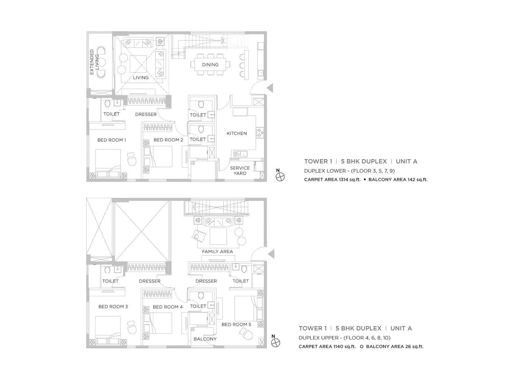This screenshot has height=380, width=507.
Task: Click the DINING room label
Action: (210, 65)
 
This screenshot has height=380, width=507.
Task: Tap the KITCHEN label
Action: (237, 133)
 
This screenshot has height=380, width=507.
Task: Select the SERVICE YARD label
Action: (240, 171)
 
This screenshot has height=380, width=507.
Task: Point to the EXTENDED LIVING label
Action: (94, 62)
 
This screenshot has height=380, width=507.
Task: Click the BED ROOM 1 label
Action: (112, 140)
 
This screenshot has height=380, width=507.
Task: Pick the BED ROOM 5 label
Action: (236, 324)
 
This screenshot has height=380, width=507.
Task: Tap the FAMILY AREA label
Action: (217, 251)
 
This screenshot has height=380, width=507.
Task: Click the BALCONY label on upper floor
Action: (205, 339)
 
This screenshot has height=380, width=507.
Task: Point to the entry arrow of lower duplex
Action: (270, 88)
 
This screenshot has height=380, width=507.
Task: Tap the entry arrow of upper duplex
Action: (271, 254)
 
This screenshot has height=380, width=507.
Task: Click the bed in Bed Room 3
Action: (108, 329)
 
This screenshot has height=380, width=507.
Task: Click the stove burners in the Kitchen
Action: (260, 132)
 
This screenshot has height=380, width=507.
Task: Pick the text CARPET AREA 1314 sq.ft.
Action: (332, 180)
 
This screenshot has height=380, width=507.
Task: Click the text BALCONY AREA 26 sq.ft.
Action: (395, 346)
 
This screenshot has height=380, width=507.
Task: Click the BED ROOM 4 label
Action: (168, 307)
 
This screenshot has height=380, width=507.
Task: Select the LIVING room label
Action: (141, 78)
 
